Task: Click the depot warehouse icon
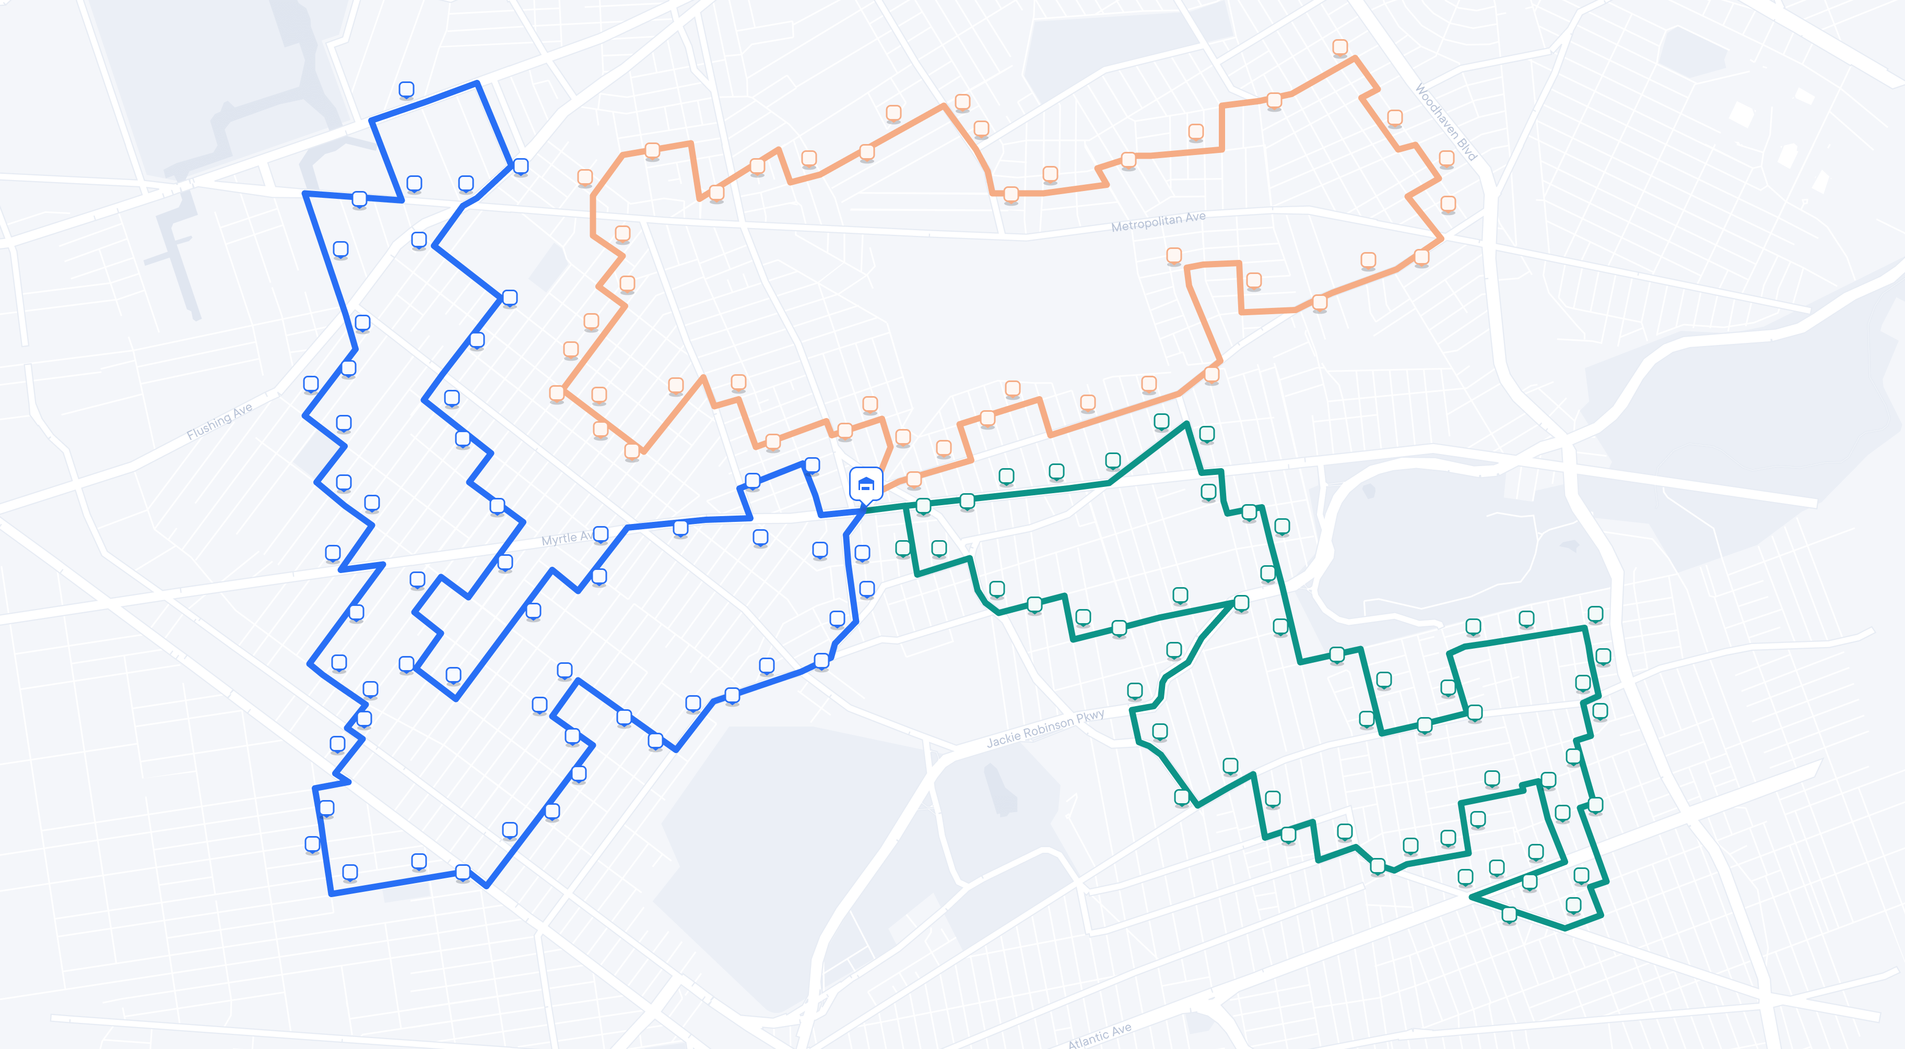pos(865,485)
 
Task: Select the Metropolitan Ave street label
pos(1158,221)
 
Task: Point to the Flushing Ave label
pos(220,421)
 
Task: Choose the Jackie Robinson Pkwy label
pos(1045,728)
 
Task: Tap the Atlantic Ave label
pos(1100,1035)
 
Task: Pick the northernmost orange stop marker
pos(1340,47)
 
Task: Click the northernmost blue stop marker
pos(406,89)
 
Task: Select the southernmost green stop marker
pos(1509,914)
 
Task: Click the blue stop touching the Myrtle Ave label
pos(601,534)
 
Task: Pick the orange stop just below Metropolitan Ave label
pos(1173,256)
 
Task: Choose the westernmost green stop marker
pos(903,548)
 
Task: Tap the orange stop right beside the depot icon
pos(914,479)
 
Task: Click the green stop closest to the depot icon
pos(923,506)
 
